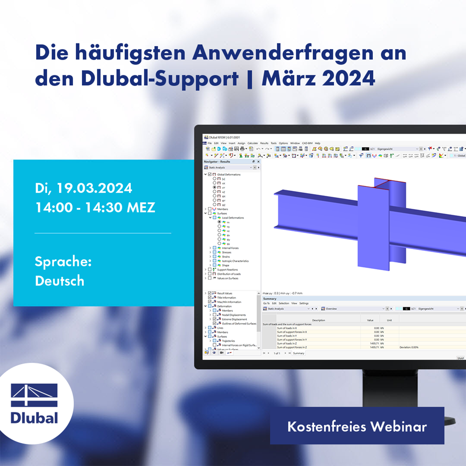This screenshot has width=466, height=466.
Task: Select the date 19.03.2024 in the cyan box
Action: [x=94, y=188]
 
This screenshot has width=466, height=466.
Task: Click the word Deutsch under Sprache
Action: [x=59, y=280]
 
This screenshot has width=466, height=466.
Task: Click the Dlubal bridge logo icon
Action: [x=35, y=395]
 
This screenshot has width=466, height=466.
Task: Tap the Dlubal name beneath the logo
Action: [x=35, y=418]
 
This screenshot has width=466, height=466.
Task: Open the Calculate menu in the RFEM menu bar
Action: [x=253, y=143]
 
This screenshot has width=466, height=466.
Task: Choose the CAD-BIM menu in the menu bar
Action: [x=307, y=143]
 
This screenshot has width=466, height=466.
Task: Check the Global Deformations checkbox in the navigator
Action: [x=209, y=174]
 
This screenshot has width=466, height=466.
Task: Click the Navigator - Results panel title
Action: [x=217, y=161]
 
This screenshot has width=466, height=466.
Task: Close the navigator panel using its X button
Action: [x=258, y=161]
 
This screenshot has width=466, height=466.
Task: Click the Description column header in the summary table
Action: [x=319, y=320]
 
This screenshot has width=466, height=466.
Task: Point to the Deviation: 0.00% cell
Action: [x=409, y=347]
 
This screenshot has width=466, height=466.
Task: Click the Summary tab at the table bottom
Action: [x=298, y=353]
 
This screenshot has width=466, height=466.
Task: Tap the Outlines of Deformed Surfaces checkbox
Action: [x=214, y=324]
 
